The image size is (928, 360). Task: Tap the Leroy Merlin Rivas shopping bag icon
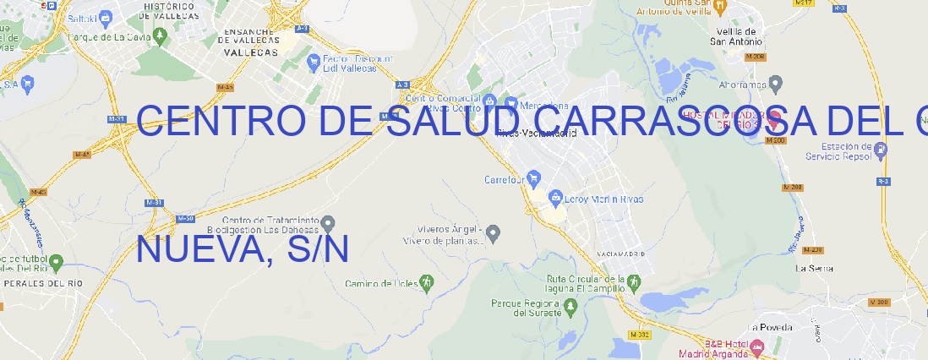(555, 199)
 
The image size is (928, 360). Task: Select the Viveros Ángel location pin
(494, 232)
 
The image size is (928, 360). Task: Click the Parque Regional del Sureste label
(526, 308)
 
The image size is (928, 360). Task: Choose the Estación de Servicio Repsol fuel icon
(882, 150)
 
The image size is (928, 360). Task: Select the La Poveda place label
(770, 327)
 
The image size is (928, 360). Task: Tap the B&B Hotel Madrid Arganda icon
(757, 346)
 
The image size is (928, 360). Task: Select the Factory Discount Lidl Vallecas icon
(314, 61)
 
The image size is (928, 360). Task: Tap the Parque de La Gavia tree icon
(59, 37)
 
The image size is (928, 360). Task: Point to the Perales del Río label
(43, 283)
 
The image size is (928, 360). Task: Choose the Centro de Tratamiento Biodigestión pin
(329, 223)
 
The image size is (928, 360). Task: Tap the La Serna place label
(815, 268)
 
